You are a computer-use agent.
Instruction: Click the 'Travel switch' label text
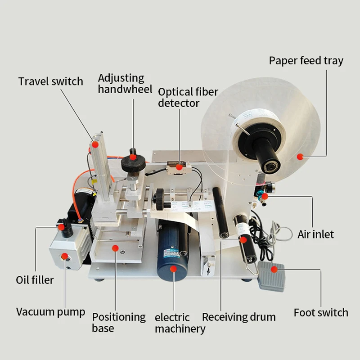(50, 81)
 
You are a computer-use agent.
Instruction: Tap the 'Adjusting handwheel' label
(121, 84)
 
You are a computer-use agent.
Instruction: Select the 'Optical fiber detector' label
(188, 97)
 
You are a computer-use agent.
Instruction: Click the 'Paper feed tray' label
(306, 61)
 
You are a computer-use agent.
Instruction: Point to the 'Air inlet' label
(315, 234)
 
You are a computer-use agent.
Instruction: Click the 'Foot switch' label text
(321, 312)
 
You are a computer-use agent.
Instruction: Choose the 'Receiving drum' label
(238, 317)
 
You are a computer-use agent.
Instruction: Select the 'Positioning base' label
(119, 322)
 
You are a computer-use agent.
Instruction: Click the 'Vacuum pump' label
(50, 312)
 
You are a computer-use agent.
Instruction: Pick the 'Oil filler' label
(35, 280)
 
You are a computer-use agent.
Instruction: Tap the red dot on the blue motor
(173, 269)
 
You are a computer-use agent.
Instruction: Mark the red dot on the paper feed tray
(300, 157)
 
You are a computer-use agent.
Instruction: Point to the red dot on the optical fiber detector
(179, 167)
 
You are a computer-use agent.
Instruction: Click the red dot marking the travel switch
(95, 144)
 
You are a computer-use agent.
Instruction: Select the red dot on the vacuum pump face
(64, 256)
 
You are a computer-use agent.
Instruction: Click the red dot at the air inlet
(265, 196)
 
